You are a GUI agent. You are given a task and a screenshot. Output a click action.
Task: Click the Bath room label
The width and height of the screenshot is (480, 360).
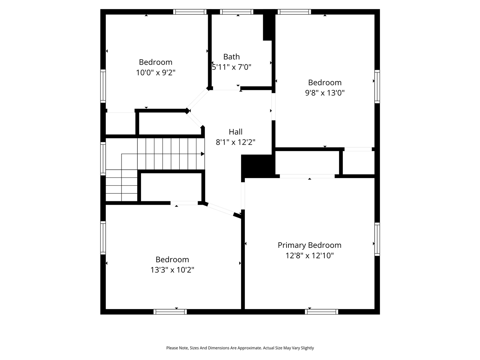(231, 57)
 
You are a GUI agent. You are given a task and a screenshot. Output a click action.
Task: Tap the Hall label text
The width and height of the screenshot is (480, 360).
(235, 132)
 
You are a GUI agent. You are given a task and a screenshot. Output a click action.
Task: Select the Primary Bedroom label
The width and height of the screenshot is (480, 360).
(309, 245)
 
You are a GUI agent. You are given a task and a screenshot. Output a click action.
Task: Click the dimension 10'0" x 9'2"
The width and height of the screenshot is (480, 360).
(156, 72)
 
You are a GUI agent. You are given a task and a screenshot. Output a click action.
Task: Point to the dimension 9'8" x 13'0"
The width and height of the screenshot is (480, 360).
(325, 93)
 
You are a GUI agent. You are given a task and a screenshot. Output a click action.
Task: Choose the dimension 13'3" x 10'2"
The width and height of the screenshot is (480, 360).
(172, 270)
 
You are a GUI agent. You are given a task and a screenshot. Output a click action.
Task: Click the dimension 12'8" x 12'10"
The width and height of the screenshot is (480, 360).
(309, 255)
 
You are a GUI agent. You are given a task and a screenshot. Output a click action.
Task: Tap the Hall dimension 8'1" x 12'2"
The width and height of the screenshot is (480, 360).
(235, 142)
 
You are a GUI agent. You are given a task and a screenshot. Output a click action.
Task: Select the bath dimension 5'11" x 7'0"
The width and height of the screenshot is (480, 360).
(231, 67)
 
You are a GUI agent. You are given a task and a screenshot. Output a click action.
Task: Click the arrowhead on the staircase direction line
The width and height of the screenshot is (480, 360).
(202, 154)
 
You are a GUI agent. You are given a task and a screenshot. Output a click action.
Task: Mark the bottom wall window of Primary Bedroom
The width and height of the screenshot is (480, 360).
(321, 312)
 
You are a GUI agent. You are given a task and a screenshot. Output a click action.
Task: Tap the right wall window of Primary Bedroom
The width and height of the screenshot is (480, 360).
(377, 239)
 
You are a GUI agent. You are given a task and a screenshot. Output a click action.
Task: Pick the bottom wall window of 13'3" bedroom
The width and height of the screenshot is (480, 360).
(170, 312)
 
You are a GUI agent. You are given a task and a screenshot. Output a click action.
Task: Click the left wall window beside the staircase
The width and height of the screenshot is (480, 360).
(103, 158)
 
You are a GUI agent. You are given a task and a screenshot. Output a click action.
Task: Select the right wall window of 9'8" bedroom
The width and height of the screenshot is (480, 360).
(377, 86)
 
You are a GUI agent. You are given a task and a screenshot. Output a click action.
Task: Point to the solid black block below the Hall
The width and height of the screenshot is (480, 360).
(257, 166)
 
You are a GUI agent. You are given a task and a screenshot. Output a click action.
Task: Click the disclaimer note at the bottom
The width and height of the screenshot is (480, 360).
(240, 348)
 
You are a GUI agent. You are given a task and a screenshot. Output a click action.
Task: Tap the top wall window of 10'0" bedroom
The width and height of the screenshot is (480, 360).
(190, 12)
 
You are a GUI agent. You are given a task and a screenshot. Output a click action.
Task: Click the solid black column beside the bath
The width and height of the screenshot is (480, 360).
(268, 27)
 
